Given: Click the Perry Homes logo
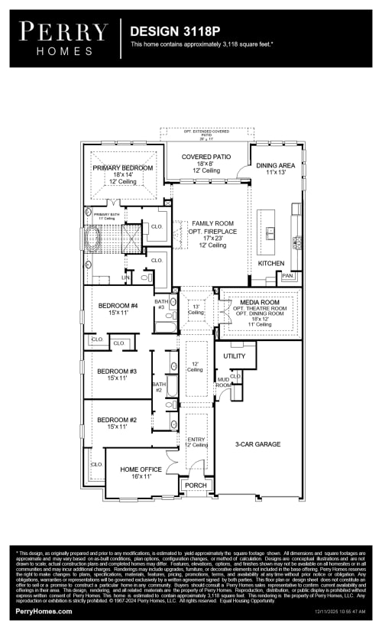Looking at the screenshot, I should point(63,37).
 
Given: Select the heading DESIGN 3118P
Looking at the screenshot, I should point(175,31).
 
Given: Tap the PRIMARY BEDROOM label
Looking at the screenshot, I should point(123,167).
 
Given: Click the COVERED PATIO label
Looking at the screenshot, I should point(206,157).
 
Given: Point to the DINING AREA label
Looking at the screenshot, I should point(275,165).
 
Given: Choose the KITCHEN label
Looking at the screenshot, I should point(270,263).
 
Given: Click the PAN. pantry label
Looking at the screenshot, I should point(287,275).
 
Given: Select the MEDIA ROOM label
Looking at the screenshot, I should point(260,303).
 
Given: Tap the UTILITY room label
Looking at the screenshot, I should point(235,356).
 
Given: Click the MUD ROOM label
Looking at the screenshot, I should point(223,382).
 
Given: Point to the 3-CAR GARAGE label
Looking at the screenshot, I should point(257,444).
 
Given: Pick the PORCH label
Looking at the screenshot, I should point(196,485).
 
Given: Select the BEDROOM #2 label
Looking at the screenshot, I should point(117,420).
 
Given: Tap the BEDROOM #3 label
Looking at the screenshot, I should point(117,372).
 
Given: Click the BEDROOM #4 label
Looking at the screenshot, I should point(117,306).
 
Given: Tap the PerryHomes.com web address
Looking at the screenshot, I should point(44,612).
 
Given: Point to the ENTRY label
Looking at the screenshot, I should point(196,439).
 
